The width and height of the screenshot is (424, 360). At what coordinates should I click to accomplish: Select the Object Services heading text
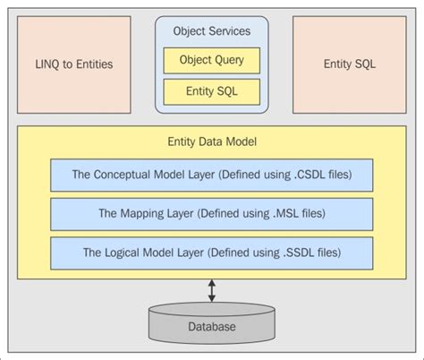(211, 30)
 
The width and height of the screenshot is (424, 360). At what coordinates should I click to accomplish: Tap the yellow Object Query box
(211, 61)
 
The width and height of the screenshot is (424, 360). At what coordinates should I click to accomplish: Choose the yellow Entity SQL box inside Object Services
(211, 91)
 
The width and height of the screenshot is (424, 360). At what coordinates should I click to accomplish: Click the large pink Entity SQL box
(349, 64)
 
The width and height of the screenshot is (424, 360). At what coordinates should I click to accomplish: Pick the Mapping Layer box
(212, 213)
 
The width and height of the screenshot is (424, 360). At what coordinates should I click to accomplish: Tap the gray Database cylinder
(212, 323)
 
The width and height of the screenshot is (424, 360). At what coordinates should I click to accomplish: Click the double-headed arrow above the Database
(212, 290)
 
